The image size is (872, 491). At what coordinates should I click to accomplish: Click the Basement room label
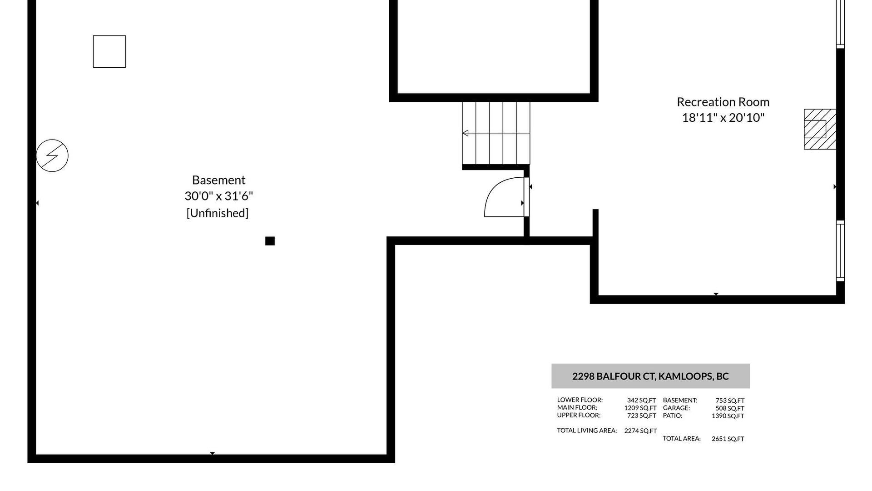(218, 180)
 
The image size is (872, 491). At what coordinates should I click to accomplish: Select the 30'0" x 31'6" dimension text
(218, 196)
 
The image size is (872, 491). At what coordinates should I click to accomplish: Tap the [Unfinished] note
(218, 213)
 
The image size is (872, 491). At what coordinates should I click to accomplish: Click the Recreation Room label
(723, 102)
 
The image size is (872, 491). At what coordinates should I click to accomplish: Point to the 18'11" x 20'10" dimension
(723, 118)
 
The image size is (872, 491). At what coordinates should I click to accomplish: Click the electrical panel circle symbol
(52, 155)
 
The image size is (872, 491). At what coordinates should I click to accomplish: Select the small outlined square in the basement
(109, 51)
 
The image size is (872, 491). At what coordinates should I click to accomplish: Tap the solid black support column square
(270, 241)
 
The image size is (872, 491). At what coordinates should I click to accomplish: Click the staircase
(496, 133)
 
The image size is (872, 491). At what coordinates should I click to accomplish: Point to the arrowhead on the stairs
(465, 133)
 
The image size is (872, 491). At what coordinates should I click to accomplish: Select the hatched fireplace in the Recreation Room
(820, 129)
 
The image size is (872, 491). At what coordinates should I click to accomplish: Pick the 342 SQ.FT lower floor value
(641, 401)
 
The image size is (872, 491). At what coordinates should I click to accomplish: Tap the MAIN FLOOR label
(577, 408)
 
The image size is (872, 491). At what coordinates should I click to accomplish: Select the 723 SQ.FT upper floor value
(641, 416)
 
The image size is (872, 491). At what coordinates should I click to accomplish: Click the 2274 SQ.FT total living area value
(640, 431)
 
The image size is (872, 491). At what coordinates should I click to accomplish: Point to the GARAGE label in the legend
(676, 408)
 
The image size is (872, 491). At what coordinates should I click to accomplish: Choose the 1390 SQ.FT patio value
(728, 416)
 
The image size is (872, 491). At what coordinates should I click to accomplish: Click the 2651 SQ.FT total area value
(728, 439)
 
